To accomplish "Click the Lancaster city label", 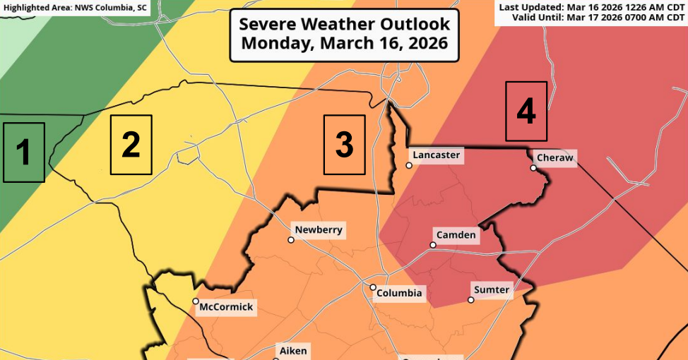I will [x=437, y=155].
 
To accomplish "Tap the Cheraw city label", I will [x=555, y=158].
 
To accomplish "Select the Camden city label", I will [x=456, y=235].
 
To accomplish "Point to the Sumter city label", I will [x=492, y=290].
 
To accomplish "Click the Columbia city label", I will [x=399, y=293].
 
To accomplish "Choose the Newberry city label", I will [x=319, y=230].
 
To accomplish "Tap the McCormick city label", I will [x=226, y=308].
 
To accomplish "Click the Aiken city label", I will [x=294, y=351].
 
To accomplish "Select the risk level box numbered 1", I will [x=23, y=152].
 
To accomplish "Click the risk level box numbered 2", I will [x=131, y=145].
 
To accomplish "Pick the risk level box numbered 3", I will [x=344, y=145].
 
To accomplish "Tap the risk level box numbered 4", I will [x=526, y=112].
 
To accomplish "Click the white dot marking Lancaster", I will [x=409, y=166].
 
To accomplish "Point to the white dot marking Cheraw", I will [x=534, y=168].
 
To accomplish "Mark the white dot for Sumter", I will [x=471, y=300].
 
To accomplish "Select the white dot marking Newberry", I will [x=290, y=240].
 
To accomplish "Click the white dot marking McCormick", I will [x=196, y=301].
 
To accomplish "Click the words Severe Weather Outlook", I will [x=344, y=24].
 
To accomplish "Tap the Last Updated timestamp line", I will [x=593, y=7].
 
